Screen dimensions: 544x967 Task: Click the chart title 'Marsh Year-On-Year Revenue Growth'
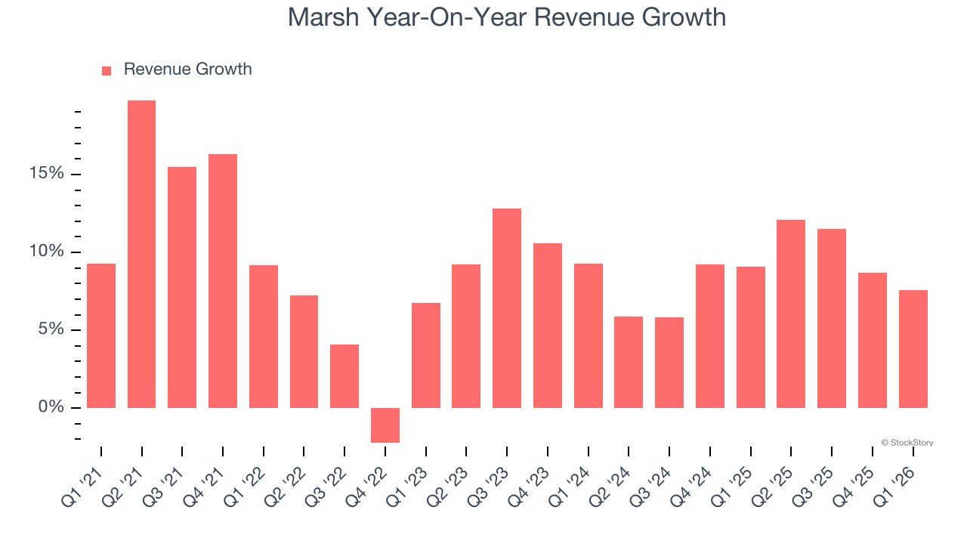[x=506, y=17]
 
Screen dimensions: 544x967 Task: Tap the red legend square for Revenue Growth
[x=107, y=70]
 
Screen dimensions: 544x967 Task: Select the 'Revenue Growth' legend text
[x=187, y=70]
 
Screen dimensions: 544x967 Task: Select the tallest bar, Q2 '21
[x=141, y=254]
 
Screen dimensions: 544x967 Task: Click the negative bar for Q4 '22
[x=385, y=425]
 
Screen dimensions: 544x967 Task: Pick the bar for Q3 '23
[x=507, y=308]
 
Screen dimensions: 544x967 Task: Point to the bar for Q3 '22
[x=344, y=376]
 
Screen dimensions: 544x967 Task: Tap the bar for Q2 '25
[x=791, y=314]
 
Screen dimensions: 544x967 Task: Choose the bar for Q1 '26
[x=913, y=349]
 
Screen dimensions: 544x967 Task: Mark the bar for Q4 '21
[x=223, y=281]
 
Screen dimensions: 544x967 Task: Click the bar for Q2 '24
[x=629, y=362]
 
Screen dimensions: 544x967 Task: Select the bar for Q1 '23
[x=426, y=355]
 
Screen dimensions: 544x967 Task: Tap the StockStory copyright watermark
[x=907, y=443]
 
